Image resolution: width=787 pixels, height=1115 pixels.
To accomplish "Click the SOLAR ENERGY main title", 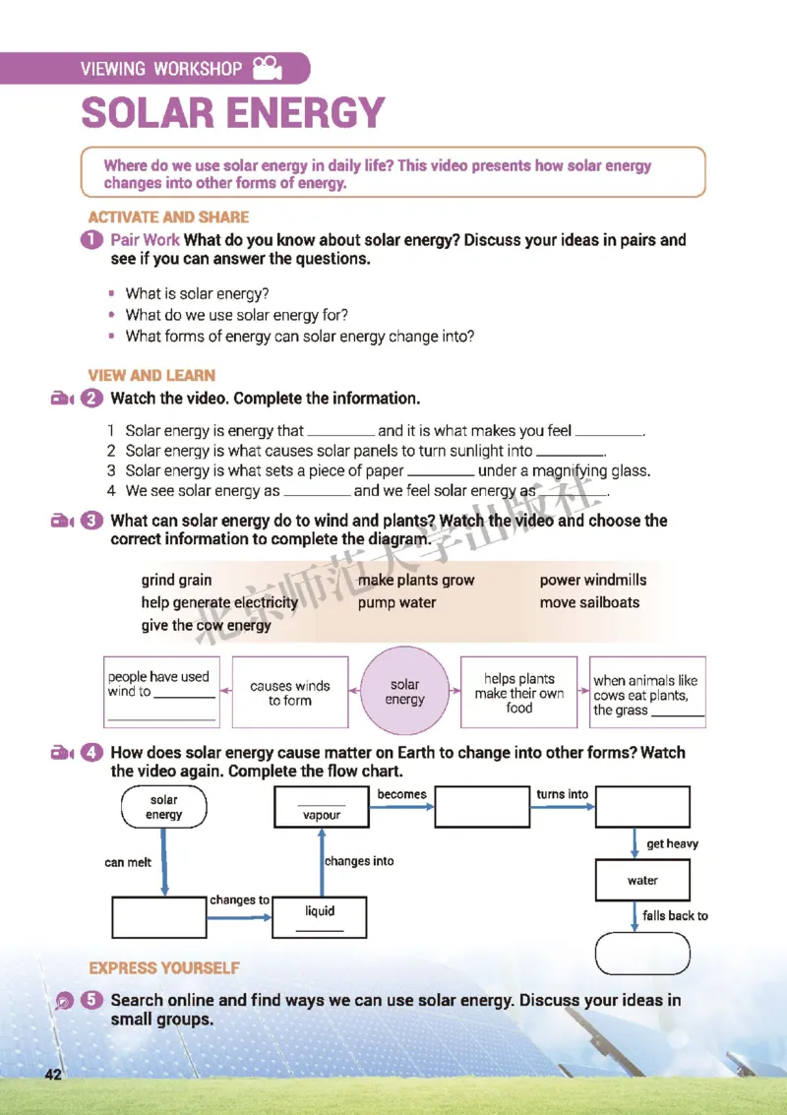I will [232, 113].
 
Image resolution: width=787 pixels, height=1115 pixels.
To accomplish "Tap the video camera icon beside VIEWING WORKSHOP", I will [266, 68].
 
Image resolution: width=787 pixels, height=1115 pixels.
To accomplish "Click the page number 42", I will [52, 1074].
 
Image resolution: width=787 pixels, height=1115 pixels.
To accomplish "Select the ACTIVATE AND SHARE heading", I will [168, 217].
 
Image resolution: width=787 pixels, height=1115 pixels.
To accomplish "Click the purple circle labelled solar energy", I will [404, 692].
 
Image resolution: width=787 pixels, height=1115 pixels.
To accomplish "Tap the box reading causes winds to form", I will [289, 693].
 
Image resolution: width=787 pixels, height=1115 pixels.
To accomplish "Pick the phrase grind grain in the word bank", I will [176, 581].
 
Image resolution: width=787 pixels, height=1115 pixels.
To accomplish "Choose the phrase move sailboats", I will [589, 602].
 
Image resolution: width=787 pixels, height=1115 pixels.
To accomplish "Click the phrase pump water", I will [396, 602].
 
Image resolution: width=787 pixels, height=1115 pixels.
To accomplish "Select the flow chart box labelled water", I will [642, 881].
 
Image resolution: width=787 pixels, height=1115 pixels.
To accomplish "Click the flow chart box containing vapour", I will [322, 807].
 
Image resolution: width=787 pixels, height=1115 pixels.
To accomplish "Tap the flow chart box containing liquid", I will [320, 917].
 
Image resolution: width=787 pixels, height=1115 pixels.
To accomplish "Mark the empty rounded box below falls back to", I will [642, 953].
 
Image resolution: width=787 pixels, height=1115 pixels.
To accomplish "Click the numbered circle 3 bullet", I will [93, 521].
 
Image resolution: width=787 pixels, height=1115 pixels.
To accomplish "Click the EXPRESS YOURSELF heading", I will [164, 968].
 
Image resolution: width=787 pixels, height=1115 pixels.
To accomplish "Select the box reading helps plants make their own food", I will [519, 693].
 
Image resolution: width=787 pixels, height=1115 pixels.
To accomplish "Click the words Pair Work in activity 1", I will [146, 240].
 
